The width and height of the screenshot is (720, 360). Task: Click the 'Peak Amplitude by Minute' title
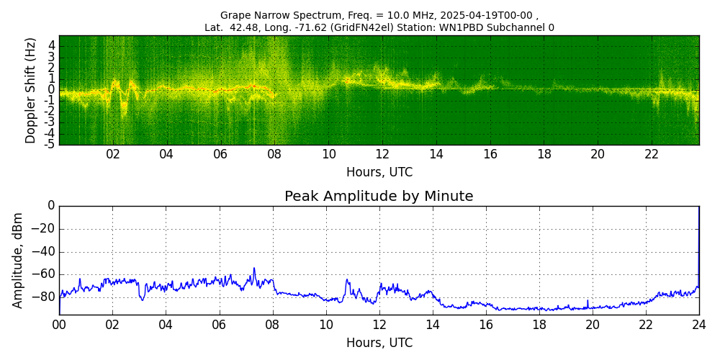[x=379, y=197]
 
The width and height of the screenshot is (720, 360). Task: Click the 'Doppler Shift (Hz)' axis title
[x=31, y=91]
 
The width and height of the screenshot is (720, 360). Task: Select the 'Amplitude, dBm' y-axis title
[x=19, y=260]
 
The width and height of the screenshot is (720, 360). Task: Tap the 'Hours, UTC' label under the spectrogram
[x=379, y=173]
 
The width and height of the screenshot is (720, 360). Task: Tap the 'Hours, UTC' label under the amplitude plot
[x=379, y=343]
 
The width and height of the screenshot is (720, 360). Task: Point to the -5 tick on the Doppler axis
[x=50, y=144]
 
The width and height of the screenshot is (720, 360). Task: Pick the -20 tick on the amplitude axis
[x=45, y=229]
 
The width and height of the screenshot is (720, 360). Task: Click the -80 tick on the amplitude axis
[x=45, y=297]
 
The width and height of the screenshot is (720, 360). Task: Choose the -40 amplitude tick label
[x=45, y=252]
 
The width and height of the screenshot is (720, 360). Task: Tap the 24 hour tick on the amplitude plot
[x=699, y=325]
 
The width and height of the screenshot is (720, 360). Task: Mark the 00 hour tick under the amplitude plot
[x=59, y=325]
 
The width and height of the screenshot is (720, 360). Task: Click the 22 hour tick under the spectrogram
[x=652, y=154]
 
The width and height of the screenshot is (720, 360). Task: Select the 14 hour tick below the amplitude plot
[x=433, y=325]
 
